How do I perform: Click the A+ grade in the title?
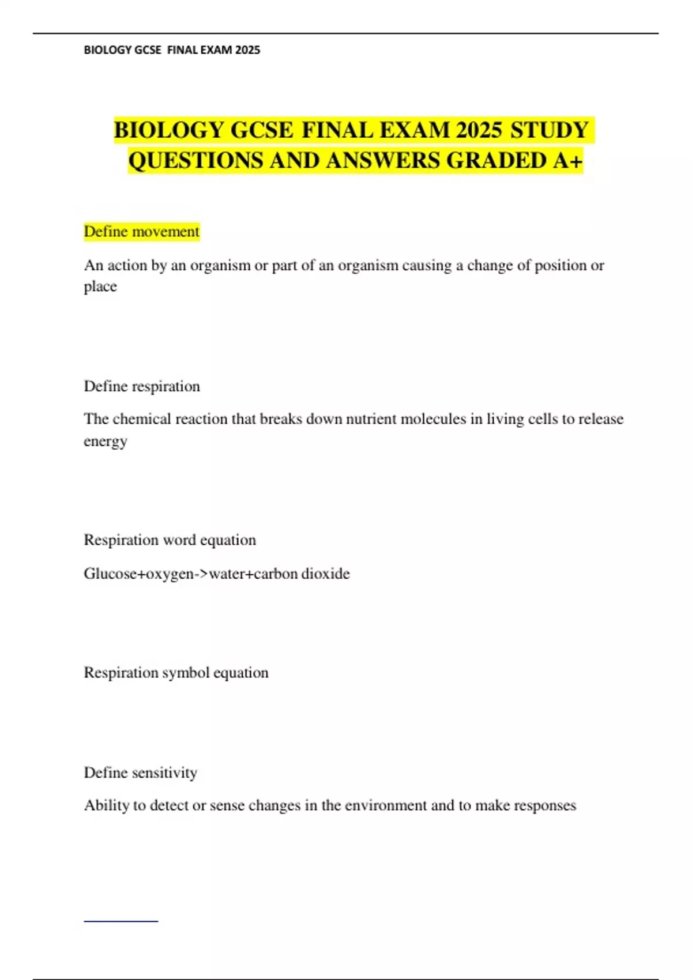[x=567, y=160]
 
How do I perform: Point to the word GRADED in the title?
[x=496, y=160]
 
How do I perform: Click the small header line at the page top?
[x=172, y=50]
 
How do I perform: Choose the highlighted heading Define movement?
[x=141, y=232]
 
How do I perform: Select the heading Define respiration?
[x=142, y=386]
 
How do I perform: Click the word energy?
[x=105, y=441]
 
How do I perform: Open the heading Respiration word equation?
[x=170, y=540]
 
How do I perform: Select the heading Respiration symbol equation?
[x=176, y=673]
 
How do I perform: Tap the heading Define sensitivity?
[x=140, y=772]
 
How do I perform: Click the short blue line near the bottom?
[x=121, y=921]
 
